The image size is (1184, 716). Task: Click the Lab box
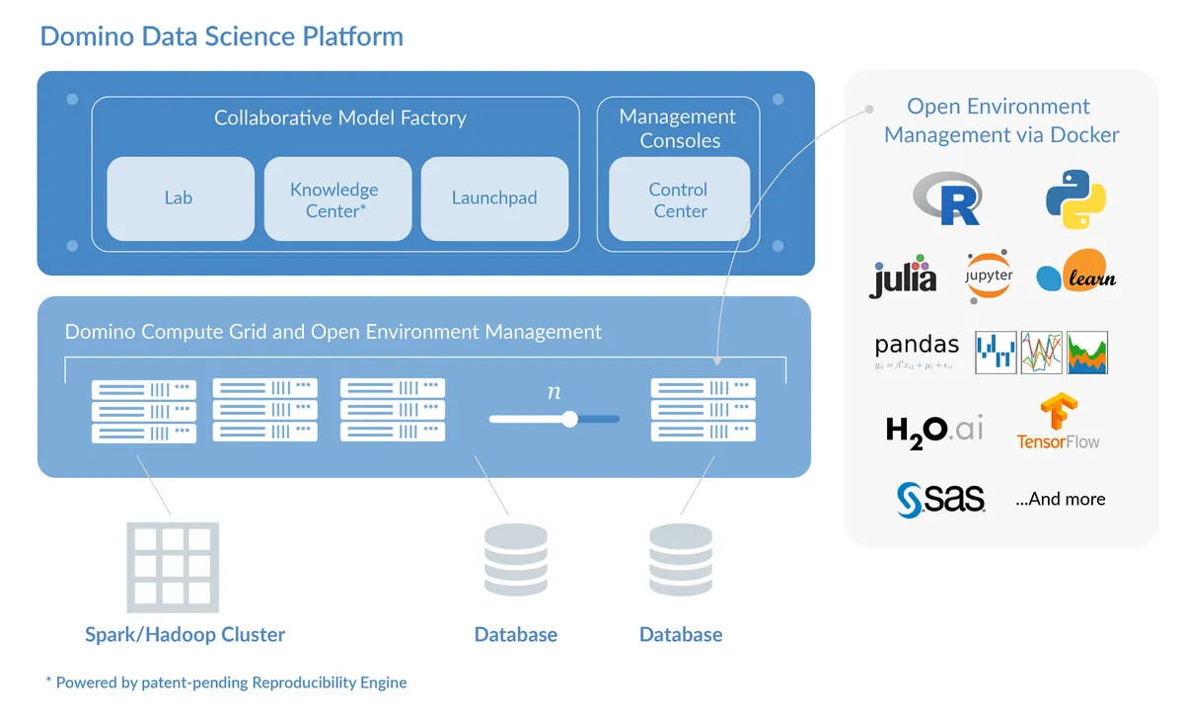(x=179, y=199)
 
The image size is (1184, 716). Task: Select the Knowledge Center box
(x=335, y=199)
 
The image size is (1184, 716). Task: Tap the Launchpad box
(x=493, y=199)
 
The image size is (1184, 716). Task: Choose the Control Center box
(x=679, y=199)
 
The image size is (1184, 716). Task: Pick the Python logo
(x=1074, y=199)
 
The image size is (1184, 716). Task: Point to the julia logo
(x=903, y=278)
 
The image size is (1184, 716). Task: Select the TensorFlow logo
(x=1059, y=423)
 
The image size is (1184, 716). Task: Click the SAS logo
(x=940, y=499)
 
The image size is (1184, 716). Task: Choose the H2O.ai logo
(x=934, y=431)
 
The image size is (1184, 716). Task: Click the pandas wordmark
(x=917, y=346)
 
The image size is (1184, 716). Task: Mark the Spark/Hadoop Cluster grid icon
(x=173, y=567)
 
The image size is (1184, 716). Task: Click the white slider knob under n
(x=569, y=419)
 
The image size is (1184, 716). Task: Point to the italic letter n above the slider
(x=554, y=392)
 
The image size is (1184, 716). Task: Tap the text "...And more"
(x=1060, y=499)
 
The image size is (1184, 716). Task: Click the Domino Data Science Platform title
(x=221, y=37)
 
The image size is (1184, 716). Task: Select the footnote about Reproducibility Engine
(x=226, y=682)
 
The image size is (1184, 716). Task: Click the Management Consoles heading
(x=678, y=128)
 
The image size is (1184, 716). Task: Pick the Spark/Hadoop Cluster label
(x=185, y=634)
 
